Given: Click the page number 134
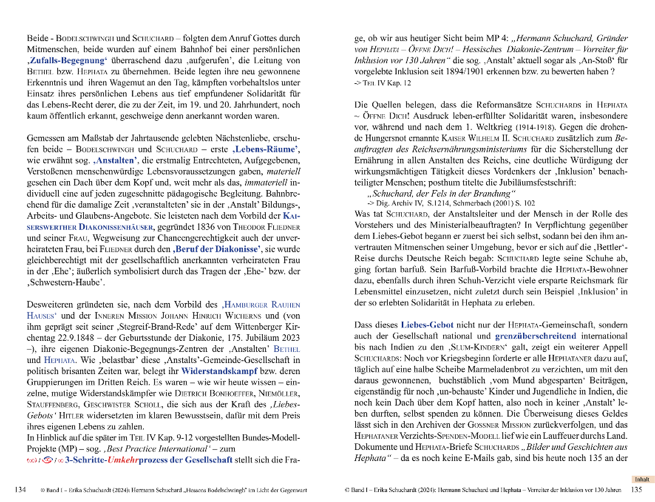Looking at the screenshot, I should pyautogui.click(x=20, y=490).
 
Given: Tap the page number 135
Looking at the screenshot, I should pyautogui.click(x=636, y=490).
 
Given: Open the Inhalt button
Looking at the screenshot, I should pyautogui.click(x=642, y=479).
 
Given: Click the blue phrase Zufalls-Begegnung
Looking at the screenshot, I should pyautogui.click(x=68, y=61).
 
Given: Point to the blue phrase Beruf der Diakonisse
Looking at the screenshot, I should pyautogui.click(x=217, y=249).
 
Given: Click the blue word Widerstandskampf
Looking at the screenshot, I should pyautogui.click(x=219, y=371).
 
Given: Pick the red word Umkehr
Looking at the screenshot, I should pyautogui.click(x=123, y=460).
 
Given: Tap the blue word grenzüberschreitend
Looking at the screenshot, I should pyautogui.click(x=536, y=336).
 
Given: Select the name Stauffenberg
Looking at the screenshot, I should pyautogui.click(x=53, y=405).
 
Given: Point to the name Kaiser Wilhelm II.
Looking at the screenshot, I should pyautogui.click(x=475, y=138).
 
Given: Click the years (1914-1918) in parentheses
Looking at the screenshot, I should pyautogui.click(x=536, y=127).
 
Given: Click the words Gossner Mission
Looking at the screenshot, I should pyautogui.click(x=499, y=425).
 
